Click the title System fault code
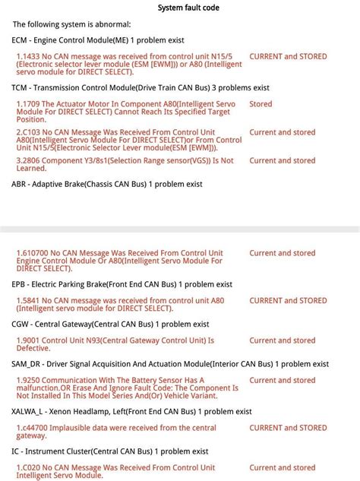point(189,8)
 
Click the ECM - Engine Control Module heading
point(98,40)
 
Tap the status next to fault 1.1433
point(288,56)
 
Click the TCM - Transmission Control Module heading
point(141,87)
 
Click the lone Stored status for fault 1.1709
point(261,104)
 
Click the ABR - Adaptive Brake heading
point(107,184)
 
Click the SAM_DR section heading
point(170,364)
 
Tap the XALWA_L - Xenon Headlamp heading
point(131,412)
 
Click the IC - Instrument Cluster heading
point(110,451)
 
